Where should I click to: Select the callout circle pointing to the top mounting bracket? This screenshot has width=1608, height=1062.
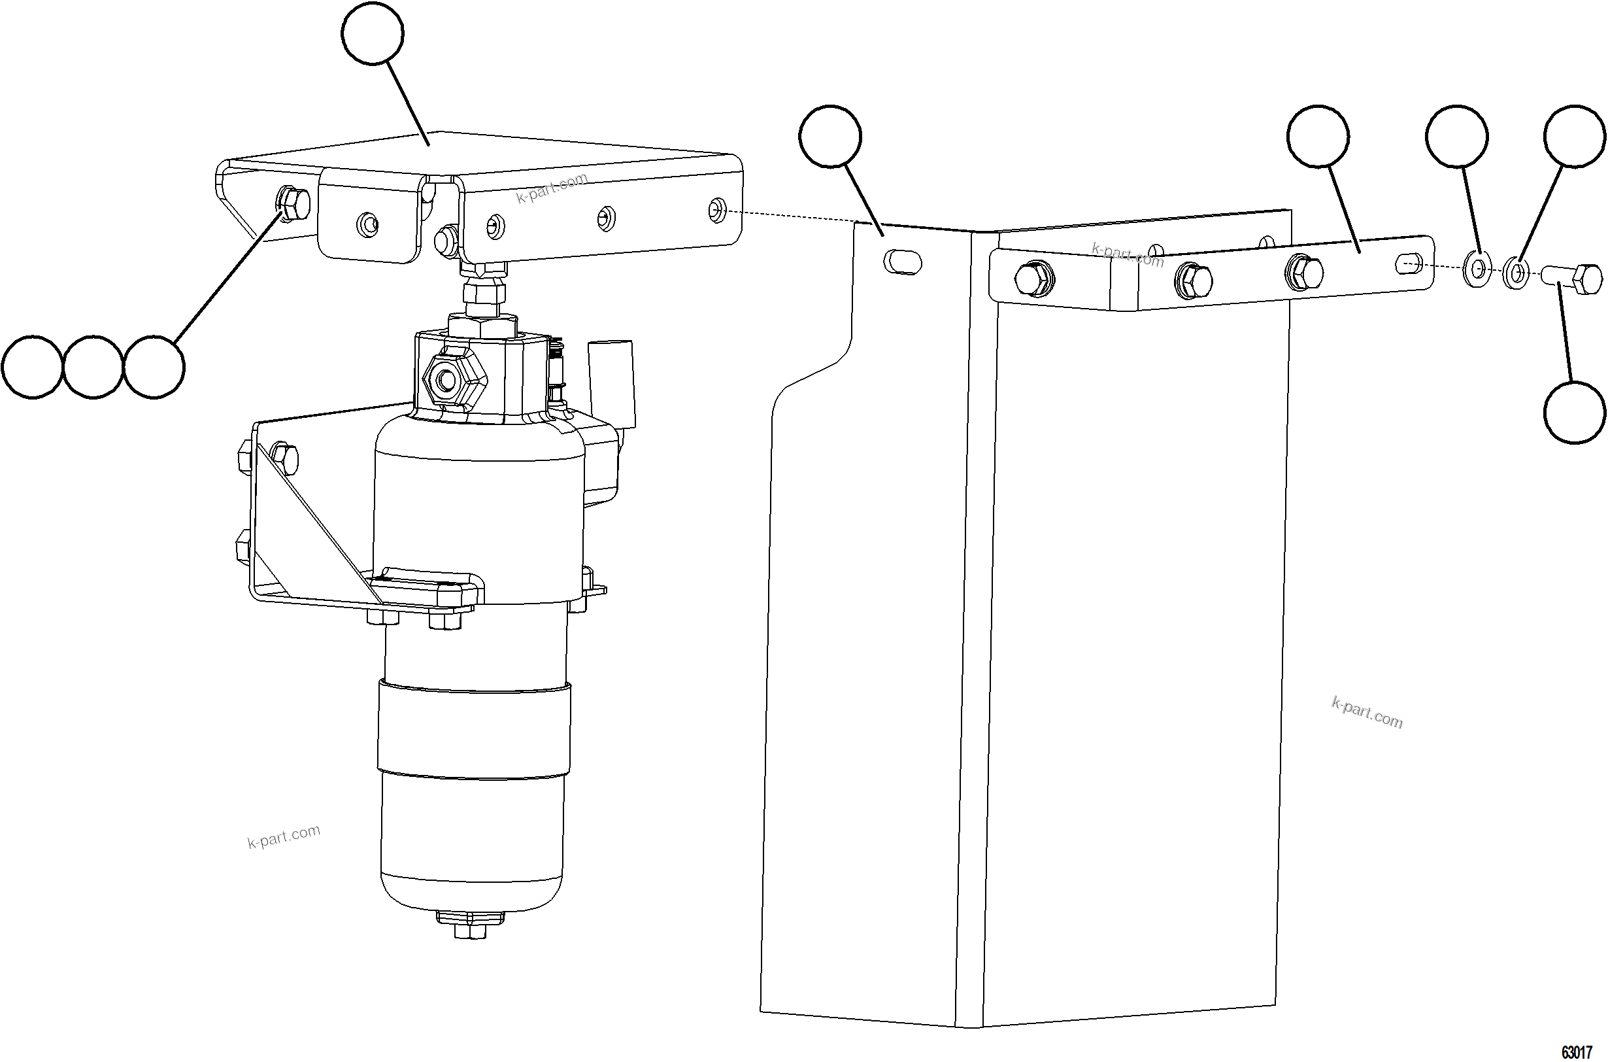pyautogui.click(x=373, y=33)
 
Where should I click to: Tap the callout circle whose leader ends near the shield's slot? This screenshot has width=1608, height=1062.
pyautogui.click(x=830, y=136)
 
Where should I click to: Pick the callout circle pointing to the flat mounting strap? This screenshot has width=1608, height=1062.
pyautogui.click(x=1318, y=136)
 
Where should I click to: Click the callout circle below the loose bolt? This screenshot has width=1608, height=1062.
pyautogui.click(x=1575, y=412)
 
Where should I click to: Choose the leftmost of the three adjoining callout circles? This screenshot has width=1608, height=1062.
pyautogui.click(x=33, y=367)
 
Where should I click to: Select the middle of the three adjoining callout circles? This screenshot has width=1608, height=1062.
pyautogui.click(x=93, y=367)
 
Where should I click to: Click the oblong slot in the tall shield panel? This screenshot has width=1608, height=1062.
pyautogui.click(x=903, y=262)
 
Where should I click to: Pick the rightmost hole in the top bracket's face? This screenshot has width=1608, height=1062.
pyautogui.click(x=716, y=210)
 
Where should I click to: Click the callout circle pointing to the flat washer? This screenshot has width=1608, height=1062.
pyautogui.click(x=1457, y=136)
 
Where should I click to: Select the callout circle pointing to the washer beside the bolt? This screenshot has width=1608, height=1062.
pyautogui.click(x=1575, y=136)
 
